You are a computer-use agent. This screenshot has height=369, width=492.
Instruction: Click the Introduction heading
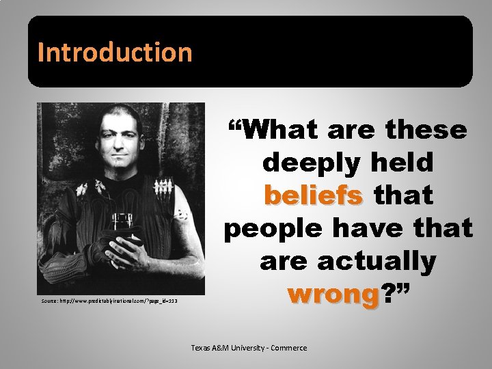(115, 52)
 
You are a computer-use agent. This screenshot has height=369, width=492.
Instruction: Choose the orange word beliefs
(314, 195)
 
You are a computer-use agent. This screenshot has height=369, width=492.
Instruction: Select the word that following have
(439, 228)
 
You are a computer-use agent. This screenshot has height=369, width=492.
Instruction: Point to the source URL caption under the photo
(109, 301)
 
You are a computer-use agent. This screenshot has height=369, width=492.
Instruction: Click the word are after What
(352, 129)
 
